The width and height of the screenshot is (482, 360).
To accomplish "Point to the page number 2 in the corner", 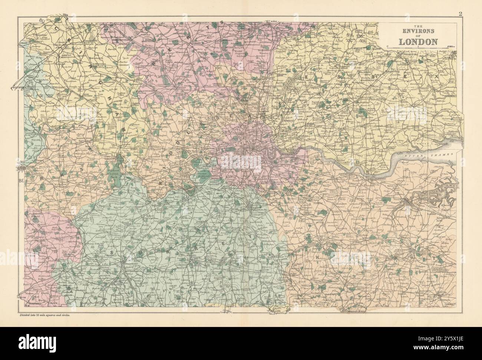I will (460, 14).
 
